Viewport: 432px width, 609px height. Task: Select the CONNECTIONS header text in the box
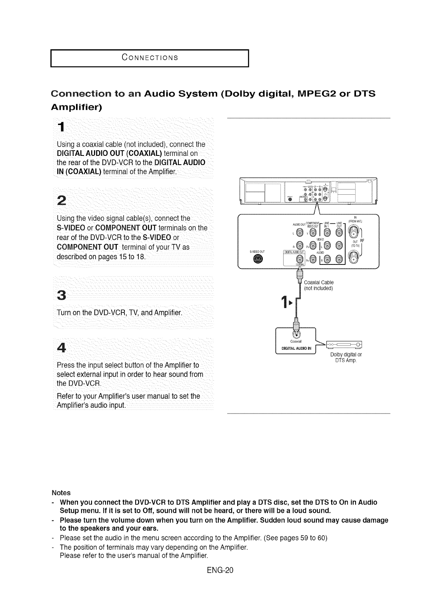tap(150, 57)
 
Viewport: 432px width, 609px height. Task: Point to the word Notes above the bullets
tap(61, 493)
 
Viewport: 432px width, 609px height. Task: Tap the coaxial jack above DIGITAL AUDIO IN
tap(296, 333)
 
